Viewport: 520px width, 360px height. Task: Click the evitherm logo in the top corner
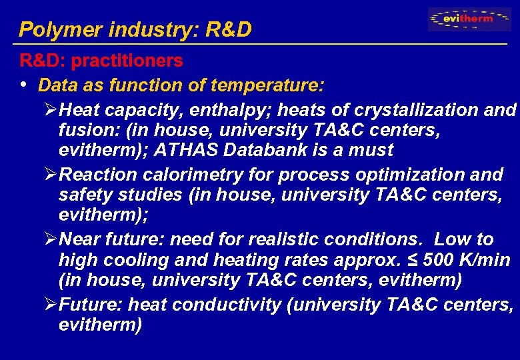469,19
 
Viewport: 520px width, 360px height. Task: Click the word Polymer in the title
51,30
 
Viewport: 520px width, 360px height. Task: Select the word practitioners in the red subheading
127,61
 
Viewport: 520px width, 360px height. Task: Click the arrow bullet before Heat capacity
50,109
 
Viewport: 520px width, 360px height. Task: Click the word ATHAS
183,151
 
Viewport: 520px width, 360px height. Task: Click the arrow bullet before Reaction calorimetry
50,175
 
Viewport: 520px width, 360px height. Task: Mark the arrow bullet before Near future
50,239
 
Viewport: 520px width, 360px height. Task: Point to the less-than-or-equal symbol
408,261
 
